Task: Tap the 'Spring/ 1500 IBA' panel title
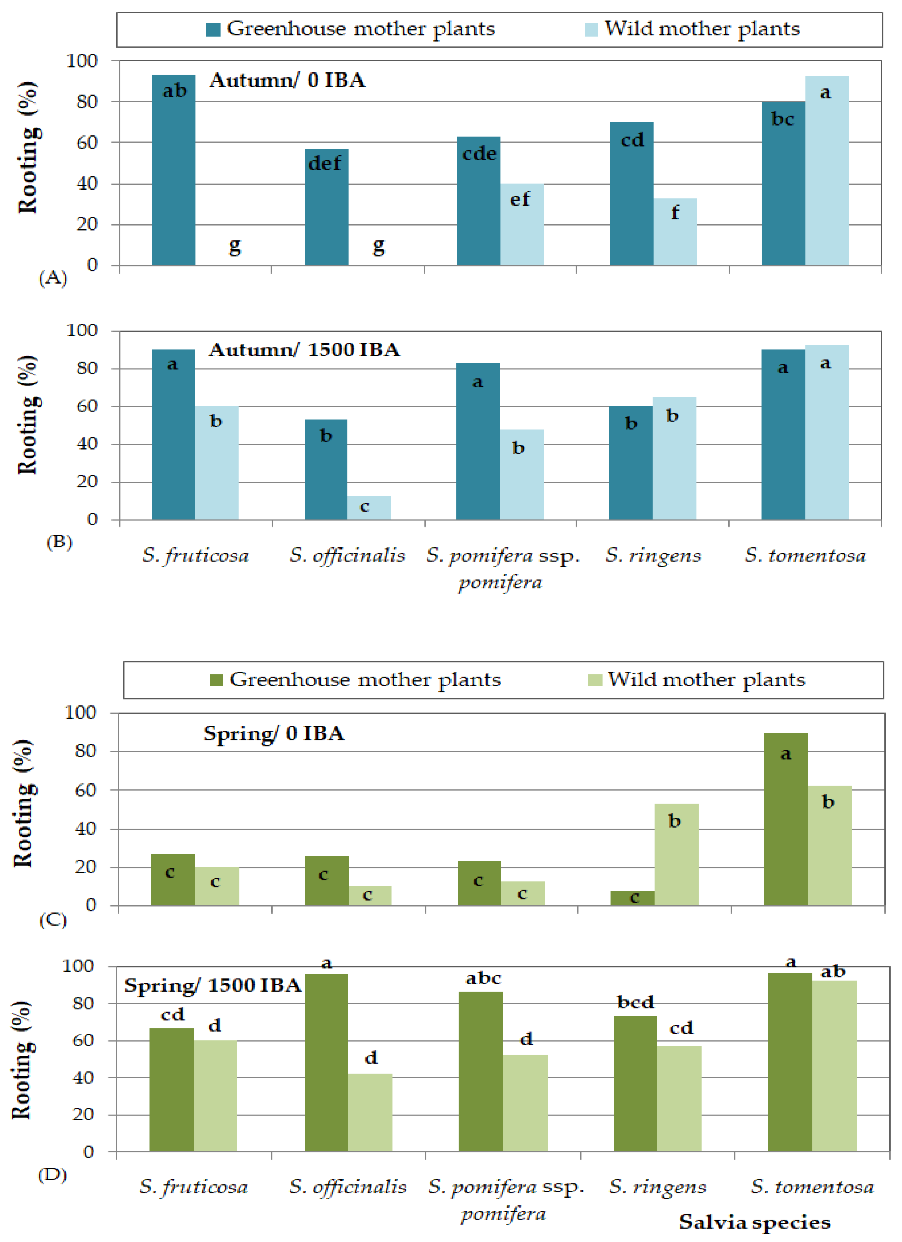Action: coord(213,985)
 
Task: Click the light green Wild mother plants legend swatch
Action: coord(595,680)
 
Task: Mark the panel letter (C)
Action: coord(53,920)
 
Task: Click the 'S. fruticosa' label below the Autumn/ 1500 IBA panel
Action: coord(195,555)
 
